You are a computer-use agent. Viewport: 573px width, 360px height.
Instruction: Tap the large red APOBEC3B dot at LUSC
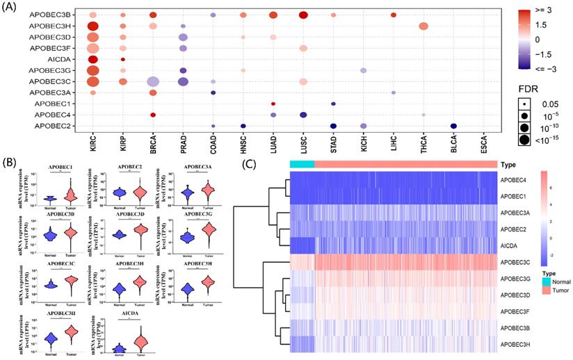302,15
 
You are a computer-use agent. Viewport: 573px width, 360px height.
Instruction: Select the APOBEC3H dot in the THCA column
423,26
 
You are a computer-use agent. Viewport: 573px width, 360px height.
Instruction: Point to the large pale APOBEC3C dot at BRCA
152,81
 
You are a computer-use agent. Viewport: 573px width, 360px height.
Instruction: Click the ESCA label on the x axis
483,148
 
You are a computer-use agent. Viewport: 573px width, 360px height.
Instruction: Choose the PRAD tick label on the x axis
182,148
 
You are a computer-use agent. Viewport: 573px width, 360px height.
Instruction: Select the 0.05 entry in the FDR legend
544,103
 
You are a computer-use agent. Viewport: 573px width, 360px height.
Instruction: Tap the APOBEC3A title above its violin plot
207,167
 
